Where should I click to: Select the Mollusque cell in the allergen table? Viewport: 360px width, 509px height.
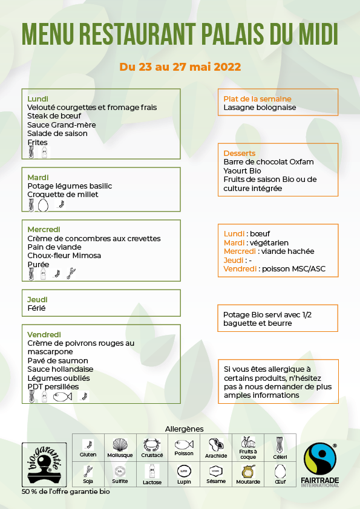coord(120,447)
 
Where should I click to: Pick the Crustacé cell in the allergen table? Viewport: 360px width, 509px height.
coord(152,447)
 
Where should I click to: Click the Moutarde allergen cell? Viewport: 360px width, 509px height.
coord(248,474)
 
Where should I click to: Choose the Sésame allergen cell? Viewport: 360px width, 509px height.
coord(216,474)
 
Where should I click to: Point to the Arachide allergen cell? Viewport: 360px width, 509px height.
coord(216,447)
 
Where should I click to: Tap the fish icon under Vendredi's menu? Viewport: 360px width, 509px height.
coord(62,397)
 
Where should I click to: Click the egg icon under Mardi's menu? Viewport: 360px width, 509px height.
coord(43,206)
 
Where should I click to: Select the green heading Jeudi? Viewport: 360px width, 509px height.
coord(38,299)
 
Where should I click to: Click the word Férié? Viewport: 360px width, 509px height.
coord(36,308)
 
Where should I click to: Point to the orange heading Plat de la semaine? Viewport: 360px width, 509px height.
coord(257,99)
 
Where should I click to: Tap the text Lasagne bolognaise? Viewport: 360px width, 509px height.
coord(260,108)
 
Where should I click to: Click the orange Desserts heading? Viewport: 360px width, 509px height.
coord(240,153)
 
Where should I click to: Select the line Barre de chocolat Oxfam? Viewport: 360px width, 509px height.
coord(269,162)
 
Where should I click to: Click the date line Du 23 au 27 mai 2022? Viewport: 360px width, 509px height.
coord(180,66)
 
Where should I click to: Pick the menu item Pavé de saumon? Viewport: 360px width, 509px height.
coord(57,361)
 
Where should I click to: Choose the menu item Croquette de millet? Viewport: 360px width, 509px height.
coord(63,195)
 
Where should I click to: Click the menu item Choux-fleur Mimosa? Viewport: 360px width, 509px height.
coord(64,256)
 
